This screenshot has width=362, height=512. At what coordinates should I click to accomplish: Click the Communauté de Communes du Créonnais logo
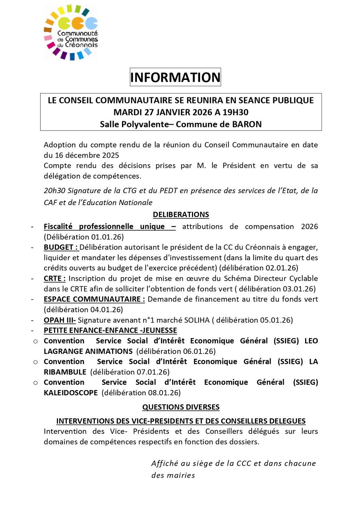(71, 33)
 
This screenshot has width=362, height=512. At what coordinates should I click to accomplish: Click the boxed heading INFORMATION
(175, 77)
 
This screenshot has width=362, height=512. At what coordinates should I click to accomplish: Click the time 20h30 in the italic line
(54, 191)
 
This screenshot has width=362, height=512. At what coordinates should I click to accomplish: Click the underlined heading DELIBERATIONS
(181, 215)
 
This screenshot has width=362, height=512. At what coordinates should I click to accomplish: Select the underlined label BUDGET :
(60, 247)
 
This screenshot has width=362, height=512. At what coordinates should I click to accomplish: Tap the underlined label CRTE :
(54, 279)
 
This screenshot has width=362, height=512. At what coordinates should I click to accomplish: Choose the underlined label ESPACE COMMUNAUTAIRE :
(94, 299)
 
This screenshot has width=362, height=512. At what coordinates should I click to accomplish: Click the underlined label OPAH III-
(59, 320)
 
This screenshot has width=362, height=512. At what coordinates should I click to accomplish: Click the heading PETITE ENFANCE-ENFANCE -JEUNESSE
(110, 330)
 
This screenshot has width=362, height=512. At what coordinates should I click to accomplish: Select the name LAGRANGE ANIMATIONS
(88, 351)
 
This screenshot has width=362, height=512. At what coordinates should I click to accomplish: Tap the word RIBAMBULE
(65, 372)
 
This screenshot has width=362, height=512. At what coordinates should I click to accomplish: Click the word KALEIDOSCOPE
(71, 393)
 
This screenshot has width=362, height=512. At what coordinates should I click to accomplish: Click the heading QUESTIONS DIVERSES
(181, 407)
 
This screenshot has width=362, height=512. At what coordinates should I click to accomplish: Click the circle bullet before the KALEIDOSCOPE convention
(35, 383)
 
